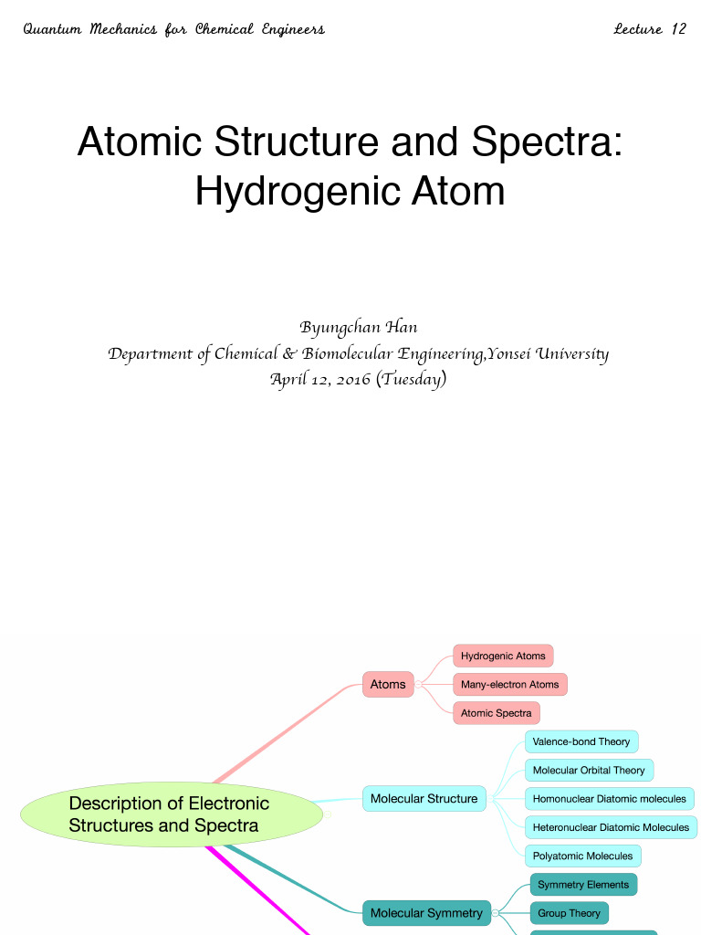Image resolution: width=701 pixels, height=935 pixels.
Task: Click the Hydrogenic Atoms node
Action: (x=503, y=656)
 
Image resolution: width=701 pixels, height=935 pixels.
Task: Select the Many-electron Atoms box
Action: (x=509, y=684)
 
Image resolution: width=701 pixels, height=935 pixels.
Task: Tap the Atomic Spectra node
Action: (x=496, y=713)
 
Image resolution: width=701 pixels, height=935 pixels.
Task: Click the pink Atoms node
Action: (x=388, y=684)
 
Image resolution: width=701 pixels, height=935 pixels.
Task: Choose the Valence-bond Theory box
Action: (x=581, y=741)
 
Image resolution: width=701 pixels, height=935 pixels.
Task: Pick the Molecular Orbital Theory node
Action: (x=589, y=770)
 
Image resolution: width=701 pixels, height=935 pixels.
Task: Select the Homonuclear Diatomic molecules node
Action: (x=609, y=799)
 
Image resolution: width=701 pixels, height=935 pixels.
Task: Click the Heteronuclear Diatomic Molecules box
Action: (x=611, y=827)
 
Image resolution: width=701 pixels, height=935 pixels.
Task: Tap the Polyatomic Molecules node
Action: (x=582, y=856)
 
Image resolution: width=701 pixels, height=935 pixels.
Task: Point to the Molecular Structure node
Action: (x=424, y=799)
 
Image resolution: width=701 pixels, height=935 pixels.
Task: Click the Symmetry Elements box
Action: (x=583, y=885)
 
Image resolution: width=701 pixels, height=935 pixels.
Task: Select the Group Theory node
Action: (x=569, y=913)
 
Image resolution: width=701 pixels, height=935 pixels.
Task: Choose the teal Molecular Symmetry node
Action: (x=426, y=913)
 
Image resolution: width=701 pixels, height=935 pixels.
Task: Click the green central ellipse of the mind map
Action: (x=171, y=814)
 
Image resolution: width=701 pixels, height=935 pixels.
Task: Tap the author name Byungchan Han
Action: (x=358, y=328)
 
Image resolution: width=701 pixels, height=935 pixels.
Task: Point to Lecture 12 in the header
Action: (x=650, y=29)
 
